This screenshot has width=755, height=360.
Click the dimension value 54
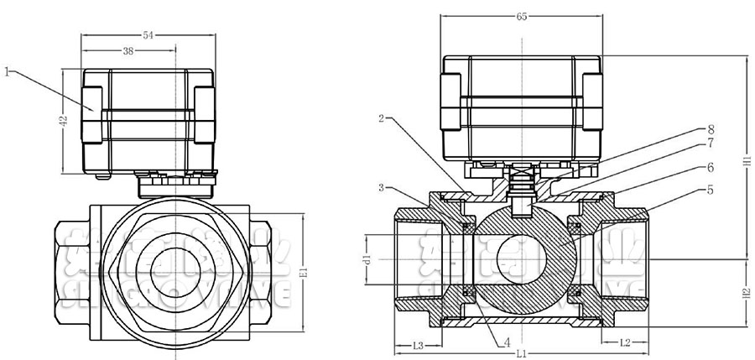click(148, 34)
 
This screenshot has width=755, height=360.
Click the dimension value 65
click(522, 17)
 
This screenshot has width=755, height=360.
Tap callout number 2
click(382, 118)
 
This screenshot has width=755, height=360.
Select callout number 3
click(382, 187)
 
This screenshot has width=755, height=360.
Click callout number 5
click(711, 190)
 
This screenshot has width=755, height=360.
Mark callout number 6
click(711, 168)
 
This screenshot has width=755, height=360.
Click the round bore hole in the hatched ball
click(520, 258)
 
